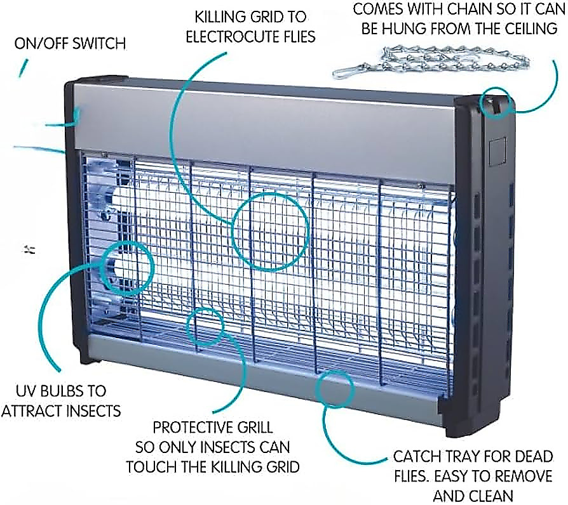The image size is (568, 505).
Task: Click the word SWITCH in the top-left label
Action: pos(98,43)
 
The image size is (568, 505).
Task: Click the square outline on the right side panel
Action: pos(490,152)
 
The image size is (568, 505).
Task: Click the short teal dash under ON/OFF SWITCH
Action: pos(23,68)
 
